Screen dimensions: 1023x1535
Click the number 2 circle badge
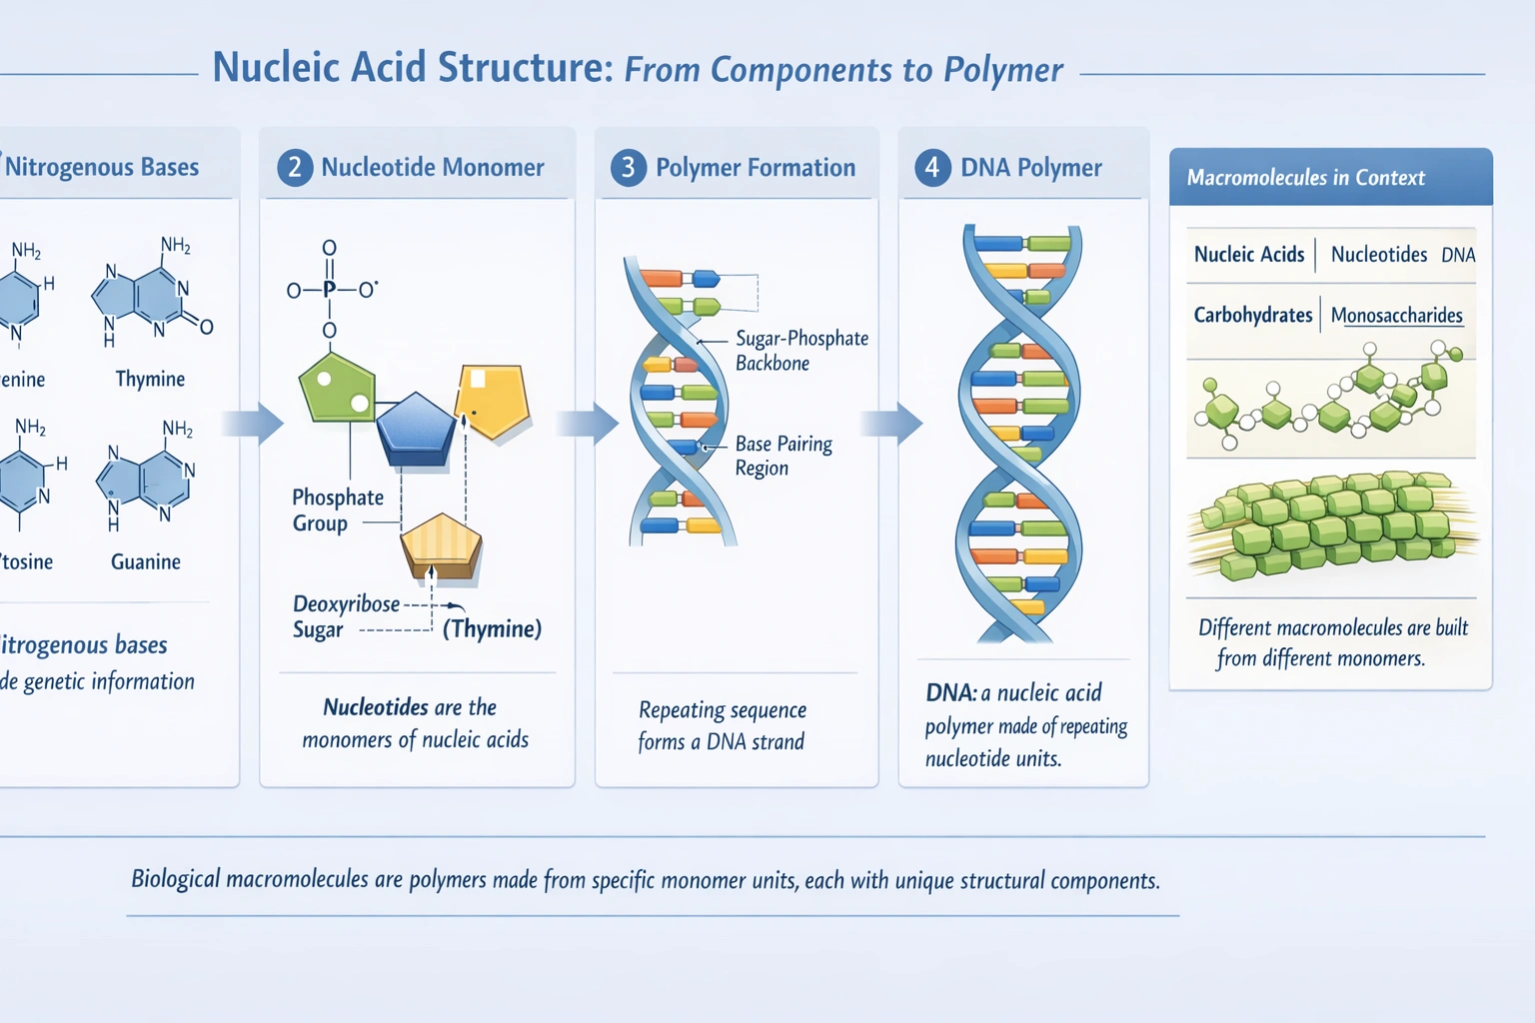pyautogui.click(x=295, y=167)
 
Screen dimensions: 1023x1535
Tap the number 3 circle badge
pyautogui.click(x=629, y=167)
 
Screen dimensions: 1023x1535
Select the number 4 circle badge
pyautogui.click(x=932, y=167)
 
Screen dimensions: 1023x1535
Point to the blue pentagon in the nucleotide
pyautogui.click(x=416, y=430)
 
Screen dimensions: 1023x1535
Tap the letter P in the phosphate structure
pyautogui.click(x=329, y=290)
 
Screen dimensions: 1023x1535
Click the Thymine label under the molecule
pyautogui.click(x=150, y=379)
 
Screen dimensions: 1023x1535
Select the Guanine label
pyautogui.click(x=146, y=561)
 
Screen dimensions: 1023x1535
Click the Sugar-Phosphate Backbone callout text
pyautogui.click(x=801, y=351)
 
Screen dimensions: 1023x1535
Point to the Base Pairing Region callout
pyautogui.click(x=783, y=456)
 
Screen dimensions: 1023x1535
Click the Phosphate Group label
pyautogui.click(x=337, y=510)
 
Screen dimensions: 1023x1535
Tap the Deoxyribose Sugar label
pyautogui.click(x=345, y=616)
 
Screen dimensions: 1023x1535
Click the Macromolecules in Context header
pyautogui.click(x=1305, y=178)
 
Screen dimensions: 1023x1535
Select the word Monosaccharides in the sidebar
pyautogui.click(x=1396, y=316)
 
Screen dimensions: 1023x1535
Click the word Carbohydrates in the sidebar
pyautogui.click(x=1252, y=315)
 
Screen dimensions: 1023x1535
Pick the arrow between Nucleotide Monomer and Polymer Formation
pyautogui.click(x=589, y=424)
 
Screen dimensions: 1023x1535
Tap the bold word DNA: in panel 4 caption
pyautogui.click(x=950, y=692)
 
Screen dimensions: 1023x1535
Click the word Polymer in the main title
pyautogui.click(x=1002, y=70)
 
